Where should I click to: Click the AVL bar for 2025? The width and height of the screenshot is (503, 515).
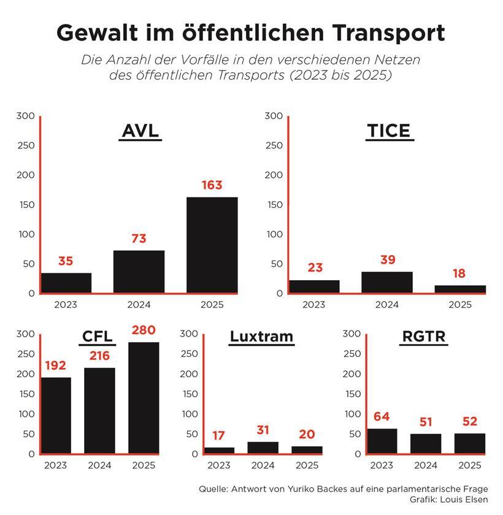212,245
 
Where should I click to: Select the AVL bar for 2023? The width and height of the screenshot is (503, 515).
66,283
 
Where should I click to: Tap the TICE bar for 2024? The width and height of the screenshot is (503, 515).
387,282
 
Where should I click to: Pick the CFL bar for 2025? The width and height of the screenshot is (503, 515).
144,398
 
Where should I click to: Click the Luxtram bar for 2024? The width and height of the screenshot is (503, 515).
263,448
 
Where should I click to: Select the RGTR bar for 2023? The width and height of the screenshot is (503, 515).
382,441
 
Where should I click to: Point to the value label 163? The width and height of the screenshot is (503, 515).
212,185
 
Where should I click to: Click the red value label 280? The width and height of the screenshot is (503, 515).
144,331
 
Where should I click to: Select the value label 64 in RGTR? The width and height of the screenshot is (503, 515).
382,418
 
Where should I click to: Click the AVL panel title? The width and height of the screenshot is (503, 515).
140,132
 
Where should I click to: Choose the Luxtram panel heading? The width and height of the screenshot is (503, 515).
262,337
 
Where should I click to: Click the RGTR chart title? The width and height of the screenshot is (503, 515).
423,337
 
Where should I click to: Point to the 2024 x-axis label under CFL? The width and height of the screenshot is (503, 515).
100,466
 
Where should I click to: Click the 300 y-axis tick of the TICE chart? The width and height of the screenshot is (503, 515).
274,116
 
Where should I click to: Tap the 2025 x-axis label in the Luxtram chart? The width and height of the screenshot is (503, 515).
307,466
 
